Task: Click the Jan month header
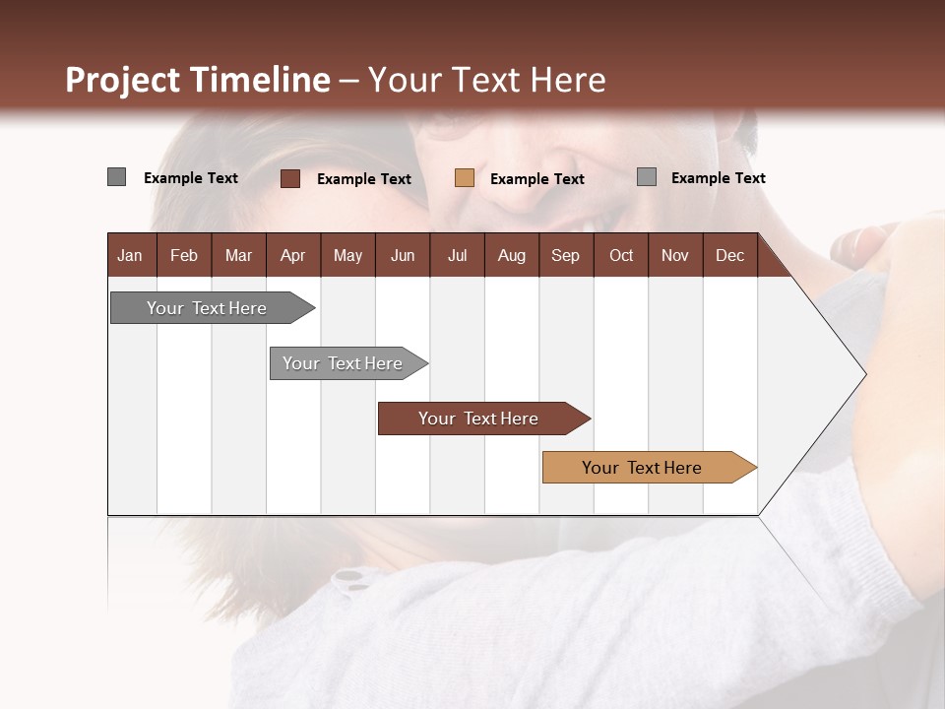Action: [130, 255]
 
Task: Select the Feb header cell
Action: [184, 255]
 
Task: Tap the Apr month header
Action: [292, 255]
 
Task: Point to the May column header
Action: [347, 255]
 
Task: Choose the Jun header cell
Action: [403, 255]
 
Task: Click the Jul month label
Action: [457, 255]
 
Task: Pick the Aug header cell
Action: [511, 255]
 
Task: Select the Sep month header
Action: [565, 255]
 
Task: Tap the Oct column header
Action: [621, 255]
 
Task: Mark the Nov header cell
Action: [675, 255]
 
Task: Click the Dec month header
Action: [729, 255]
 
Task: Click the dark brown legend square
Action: [290, 178]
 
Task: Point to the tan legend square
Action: [465, 178]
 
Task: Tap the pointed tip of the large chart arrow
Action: [864, 374]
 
